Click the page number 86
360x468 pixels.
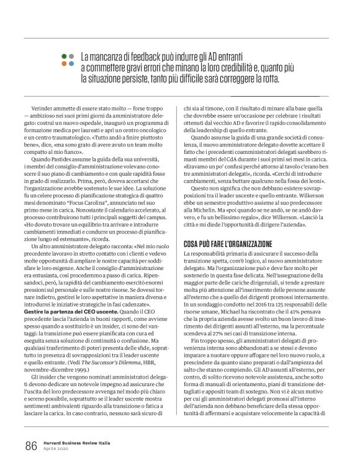coord(30,446)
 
